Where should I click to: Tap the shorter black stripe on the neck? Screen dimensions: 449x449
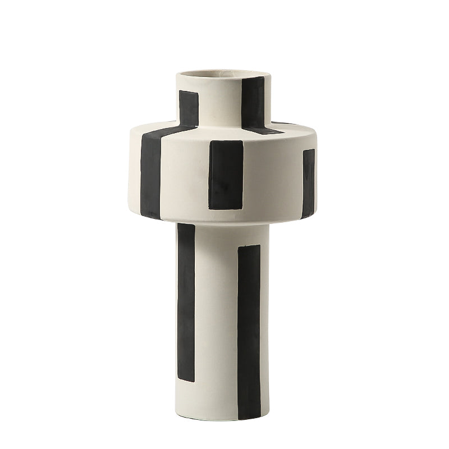click(x=189, y=107)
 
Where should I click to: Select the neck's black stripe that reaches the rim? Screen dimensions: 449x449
click(x=253, y=101)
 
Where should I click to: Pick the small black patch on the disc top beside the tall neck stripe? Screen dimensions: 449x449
click(x=264, y=131)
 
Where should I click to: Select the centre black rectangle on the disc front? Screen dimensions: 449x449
click(x=226, y=175)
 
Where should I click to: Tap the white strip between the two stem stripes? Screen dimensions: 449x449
click(x=216, y=314)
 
